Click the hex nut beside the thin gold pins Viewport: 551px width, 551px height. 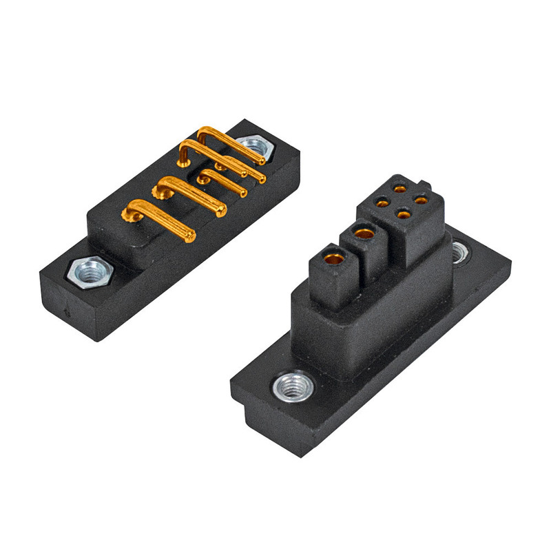coord(252,147)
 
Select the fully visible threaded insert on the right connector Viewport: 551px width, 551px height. coord(294,388)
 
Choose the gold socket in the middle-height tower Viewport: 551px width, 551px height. coord(363,234)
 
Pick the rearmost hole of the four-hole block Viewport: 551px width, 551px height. coord(400,186)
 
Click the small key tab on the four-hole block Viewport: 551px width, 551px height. coord(427,185)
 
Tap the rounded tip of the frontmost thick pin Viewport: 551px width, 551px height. coord(189,238)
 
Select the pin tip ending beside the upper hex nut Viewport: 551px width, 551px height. coord(260,162)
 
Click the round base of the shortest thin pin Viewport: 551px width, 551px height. coord(203,180)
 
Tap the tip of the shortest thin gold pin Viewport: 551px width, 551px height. coord(242,194)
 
